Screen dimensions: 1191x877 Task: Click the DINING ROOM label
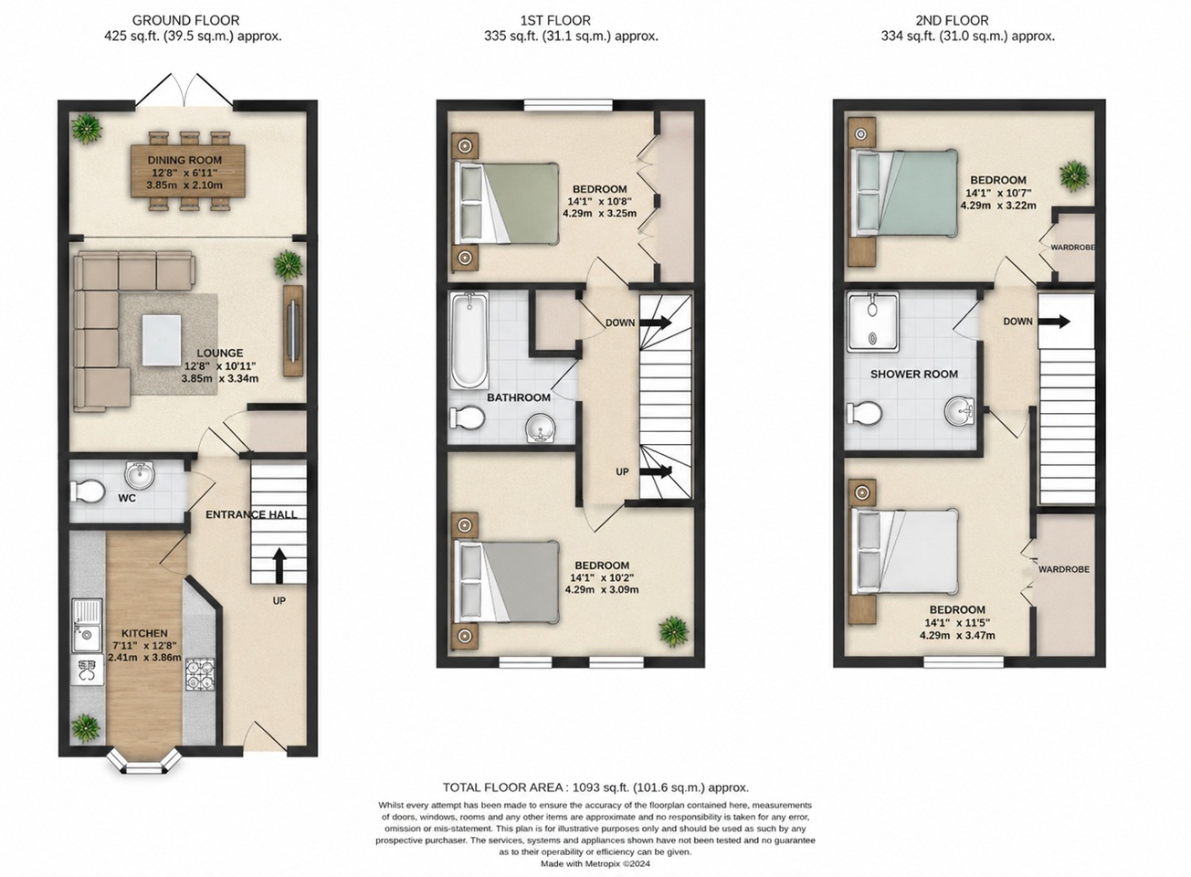pos(184,160)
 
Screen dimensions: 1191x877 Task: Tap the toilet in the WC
pos(87,491)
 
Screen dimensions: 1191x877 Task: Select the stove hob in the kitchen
pos(200,674)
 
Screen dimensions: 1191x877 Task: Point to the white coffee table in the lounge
pos(161,339)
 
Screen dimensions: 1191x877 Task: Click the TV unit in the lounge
pos(293,331)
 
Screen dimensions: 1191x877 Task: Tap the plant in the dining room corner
pos(86,128)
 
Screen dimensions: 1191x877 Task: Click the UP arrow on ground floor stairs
pos(279,565)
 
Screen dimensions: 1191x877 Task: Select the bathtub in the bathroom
pos(469,341)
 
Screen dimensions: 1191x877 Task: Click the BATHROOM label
pos(519,397)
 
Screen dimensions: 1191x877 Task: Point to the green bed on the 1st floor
pos(506,203)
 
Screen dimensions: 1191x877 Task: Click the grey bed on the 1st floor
pos(506,582)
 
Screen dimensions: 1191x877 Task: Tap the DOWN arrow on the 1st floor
pos(656,322)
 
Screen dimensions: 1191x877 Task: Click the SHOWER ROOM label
pos(914,374)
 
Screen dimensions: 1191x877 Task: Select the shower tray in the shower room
pos(873,322)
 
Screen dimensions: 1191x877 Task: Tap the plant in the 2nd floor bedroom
pos(1073,176)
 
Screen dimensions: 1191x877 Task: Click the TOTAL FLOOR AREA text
pos(595,787)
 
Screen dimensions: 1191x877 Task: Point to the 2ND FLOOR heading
pos(952,21)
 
